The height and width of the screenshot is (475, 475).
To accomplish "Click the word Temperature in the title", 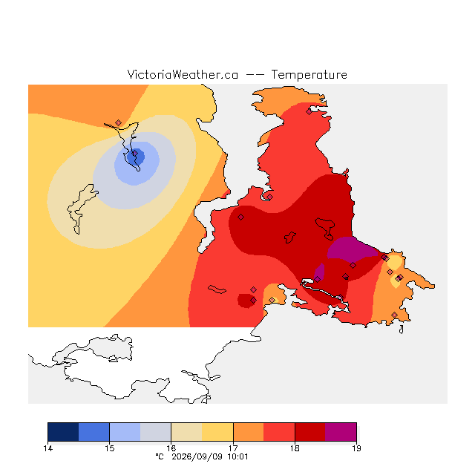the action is coord(309,75).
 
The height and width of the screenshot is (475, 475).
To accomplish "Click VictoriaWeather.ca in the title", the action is coord(183,75).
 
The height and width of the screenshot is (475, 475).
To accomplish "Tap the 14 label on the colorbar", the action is coord(47,448).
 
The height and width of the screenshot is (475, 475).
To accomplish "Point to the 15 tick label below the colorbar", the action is coord(109,448).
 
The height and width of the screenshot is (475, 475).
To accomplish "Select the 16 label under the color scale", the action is coord(171,448).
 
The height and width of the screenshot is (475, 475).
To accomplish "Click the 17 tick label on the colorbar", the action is coord(233,448).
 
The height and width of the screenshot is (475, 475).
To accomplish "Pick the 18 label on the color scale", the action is coord(295,448).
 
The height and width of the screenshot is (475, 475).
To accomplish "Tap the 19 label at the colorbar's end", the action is coord(356,448).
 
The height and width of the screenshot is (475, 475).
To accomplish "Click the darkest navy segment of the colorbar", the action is coord(63,432).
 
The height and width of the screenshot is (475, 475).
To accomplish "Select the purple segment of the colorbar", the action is coord(341,432).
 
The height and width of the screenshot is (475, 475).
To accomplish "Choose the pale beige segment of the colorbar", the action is coord(186,432).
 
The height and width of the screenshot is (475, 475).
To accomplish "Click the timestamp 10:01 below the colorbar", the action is coord(237,457).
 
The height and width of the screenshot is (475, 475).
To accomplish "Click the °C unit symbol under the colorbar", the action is coord(160,456).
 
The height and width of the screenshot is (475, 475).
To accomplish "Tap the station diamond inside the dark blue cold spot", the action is coord(135,154).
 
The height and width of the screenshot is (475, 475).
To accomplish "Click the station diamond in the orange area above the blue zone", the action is coord(119,122).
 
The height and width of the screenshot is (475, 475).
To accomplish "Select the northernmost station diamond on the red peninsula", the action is coord(309,112).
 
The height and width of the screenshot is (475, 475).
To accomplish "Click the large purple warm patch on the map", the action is coord(351,249).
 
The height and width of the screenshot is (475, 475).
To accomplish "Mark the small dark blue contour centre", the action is coord(135,157).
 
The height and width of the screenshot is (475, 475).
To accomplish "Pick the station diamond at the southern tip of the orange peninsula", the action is coord(394,315).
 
